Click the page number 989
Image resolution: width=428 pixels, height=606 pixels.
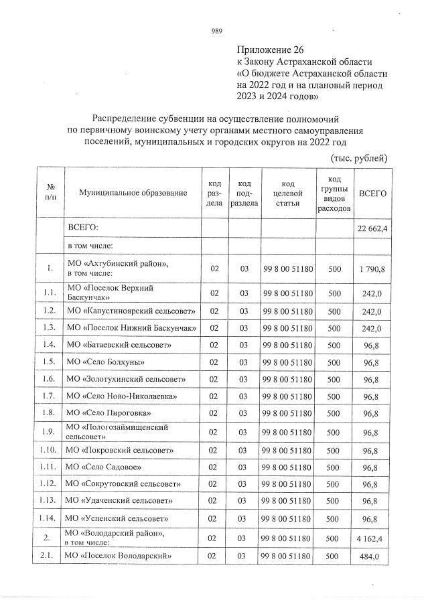tap(216, 31)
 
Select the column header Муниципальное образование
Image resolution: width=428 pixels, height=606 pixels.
tap(133, 193)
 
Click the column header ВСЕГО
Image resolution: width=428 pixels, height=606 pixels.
tap(372, 193)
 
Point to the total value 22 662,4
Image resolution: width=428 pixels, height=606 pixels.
tap(373, 229)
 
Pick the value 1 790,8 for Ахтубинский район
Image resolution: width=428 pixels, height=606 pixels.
tap(372, 269)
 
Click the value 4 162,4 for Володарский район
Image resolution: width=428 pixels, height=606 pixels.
tap(372, 538)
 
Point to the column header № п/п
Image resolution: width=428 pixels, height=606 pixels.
tap(49, 193)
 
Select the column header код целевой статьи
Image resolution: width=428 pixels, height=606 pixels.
tap(288, 194)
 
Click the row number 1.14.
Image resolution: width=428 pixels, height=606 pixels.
tap(49, 518)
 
